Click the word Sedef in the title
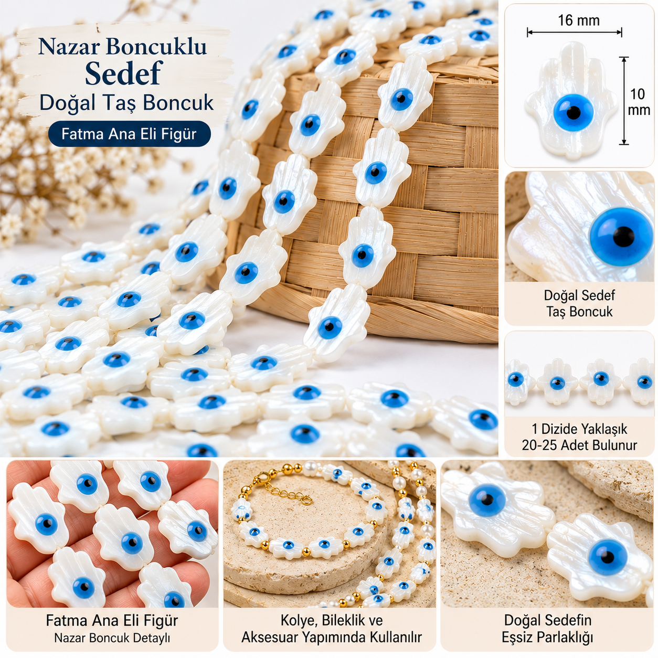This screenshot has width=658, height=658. [x=123, y=73]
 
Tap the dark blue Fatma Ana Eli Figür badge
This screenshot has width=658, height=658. [x=129, y=134]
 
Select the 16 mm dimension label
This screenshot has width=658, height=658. [x=579, y=20]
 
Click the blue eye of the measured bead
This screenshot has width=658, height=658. [x=574, y=112]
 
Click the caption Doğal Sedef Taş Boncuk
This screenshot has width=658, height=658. [x=579, y=303]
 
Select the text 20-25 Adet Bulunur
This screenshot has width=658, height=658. [x=579, y=445]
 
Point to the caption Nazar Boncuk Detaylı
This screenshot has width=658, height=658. [x=112, y=638]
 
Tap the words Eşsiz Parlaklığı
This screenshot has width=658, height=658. [x=547, y=637]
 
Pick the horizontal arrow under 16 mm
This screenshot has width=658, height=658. [x=575, y=33]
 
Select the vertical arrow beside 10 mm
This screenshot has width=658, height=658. [x=624, y=101]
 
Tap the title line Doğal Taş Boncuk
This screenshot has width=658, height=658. [x=126, y=102]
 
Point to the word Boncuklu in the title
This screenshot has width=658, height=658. [x=156, y=46]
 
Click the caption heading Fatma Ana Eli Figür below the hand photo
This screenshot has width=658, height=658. [x=112, y=620]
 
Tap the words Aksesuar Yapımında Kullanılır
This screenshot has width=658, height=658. [x=332, y=637]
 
